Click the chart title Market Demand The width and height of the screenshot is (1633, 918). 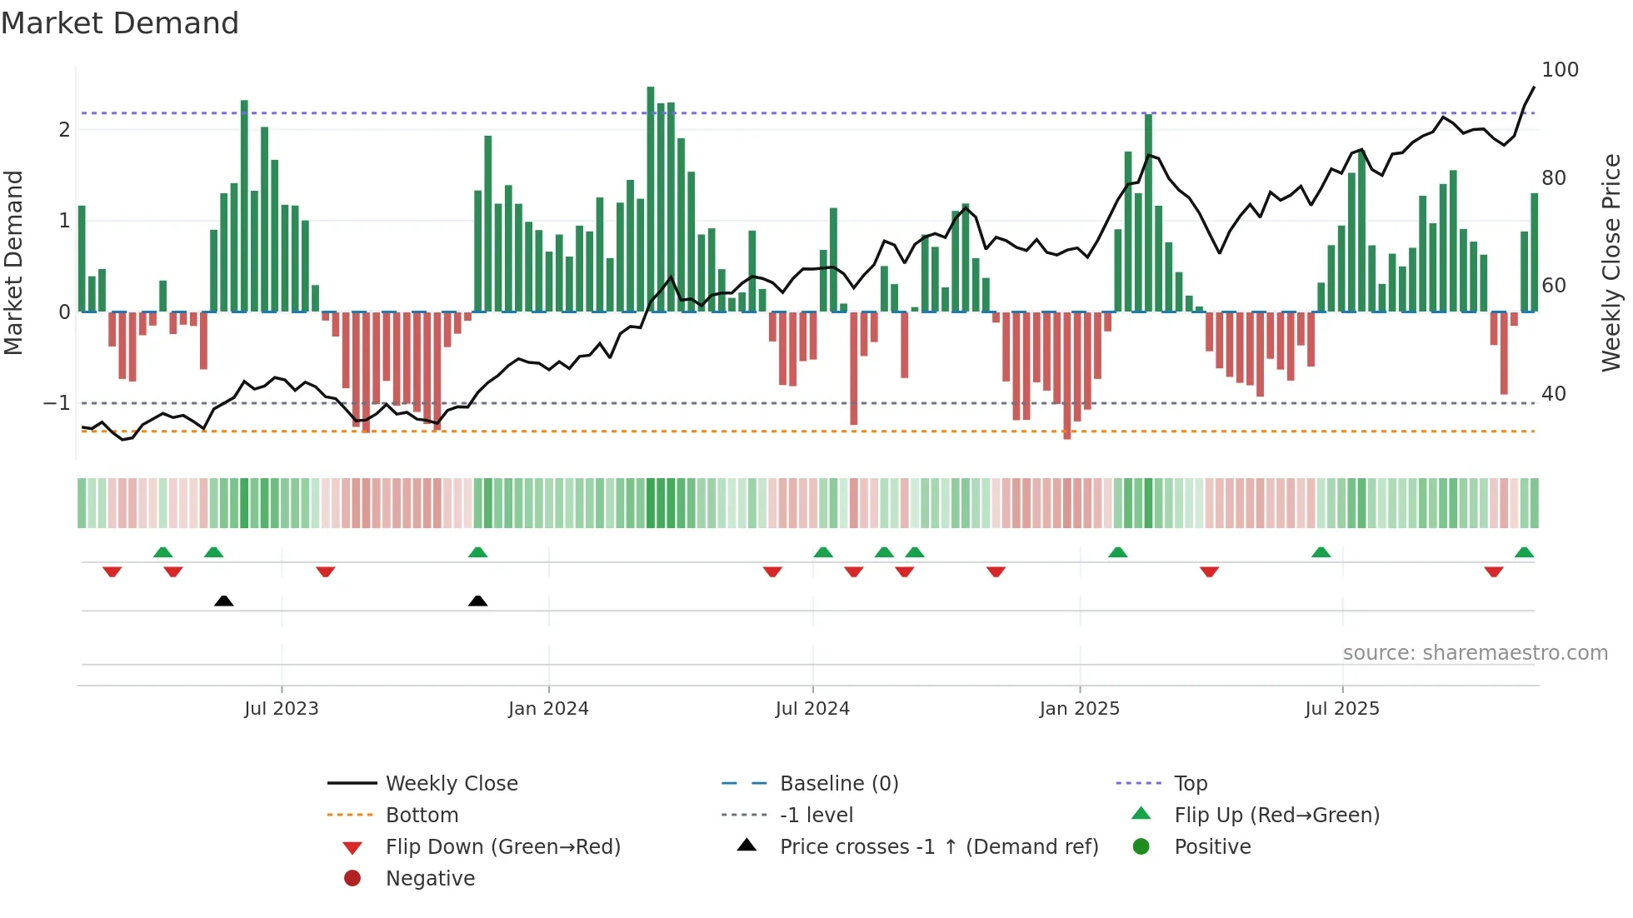[120, 23]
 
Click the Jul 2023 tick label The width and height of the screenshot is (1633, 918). [282, 709]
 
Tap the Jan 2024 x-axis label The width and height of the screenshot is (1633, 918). [548, 709]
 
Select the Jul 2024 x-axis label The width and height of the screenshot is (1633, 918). [812, 709]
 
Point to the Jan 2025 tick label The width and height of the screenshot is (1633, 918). [1080, 709]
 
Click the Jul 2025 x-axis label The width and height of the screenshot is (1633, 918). [1342, 709]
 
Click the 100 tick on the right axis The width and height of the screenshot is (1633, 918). [1560, 70]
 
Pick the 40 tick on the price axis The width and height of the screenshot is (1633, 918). [1554, 393]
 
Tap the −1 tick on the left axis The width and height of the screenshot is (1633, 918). [57, 403]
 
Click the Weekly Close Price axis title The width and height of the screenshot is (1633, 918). [1611, 262]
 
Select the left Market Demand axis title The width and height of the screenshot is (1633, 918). [14, 262]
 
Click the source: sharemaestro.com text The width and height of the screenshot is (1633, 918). [1475, 653]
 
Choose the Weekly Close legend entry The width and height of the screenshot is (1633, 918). [452, 784]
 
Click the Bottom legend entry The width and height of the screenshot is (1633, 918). [422, 816]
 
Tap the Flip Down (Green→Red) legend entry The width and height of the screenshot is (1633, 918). [502, 847]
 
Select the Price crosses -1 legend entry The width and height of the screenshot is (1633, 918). [939, 847]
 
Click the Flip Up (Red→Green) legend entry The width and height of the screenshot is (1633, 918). [1276, 816]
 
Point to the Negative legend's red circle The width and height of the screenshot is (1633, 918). [352, 879]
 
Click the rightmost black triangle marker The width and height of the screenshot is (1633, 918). [477, 601]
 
